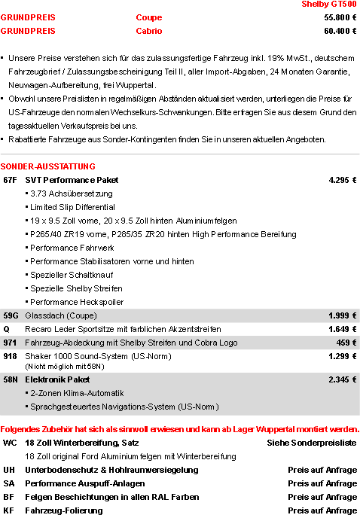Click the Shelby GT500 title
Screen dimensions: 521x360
pos(328,5)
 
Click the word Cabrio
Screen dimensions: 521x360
pos(149,31)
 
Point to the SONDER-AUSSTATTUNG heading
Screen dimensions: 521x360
pos(48,166)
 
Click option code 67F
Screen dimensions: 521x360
pos(11,180)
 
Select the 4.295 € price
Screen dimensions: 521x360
pos(342,180)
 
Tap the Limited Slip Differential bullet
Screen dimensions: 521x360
pos(72,207)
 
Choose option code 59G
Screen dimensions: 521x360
pos(11,315)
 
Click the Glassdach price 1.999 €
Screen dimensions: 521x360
pos(342,315)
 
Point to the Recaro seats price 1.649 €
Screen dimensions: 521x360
pos(342,329)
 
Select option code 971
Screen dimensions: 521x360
pos(11,343)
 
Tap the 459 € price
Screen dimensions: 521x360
pos(346,343)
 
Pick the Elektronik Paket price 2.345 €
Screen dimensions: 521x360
pos(342,379)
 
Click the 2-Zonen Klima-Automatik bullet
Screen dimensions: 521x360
pos(82,393)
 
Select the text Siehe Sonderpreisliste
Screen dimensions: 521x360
pos(312,443)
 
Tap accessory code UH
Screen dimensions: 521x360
pos(9,470)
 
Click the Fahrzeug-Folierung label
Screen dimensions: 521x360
pos(64,510)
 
